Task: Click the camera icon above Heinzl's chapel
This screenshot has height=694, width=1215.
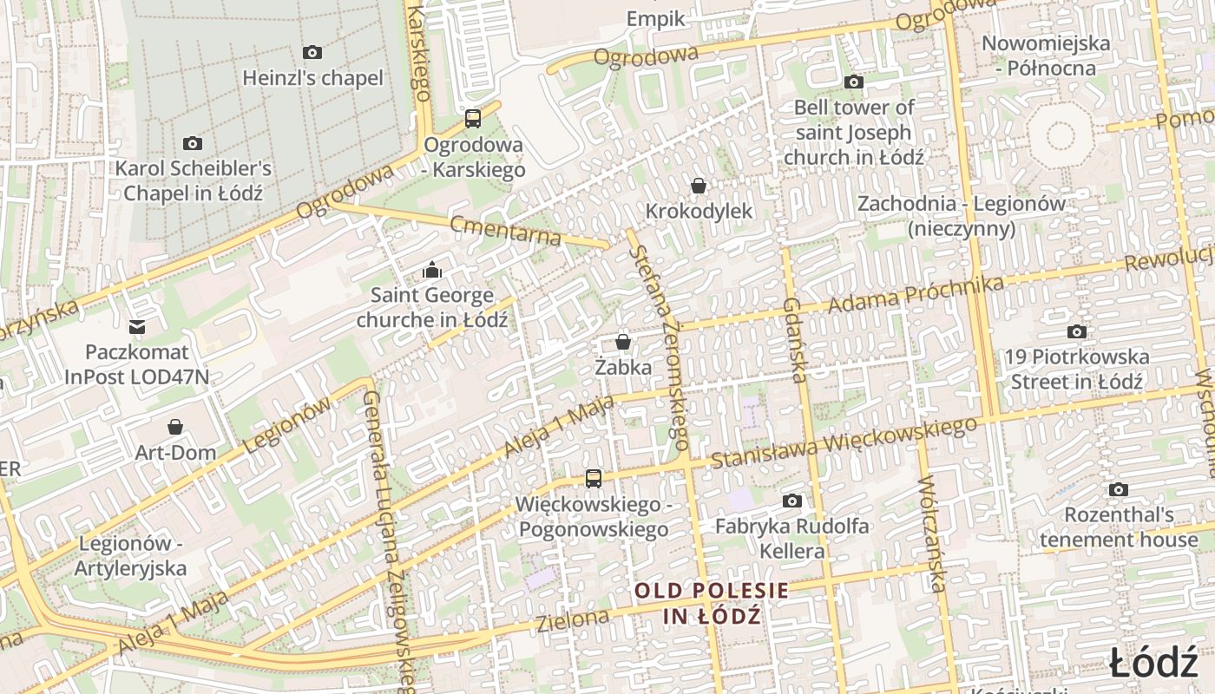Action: pyautogui.click(x=312, y=53)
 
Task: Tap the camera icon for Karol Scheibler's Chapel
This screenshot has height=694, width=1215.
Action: pyautogui.click(x=193, y=143)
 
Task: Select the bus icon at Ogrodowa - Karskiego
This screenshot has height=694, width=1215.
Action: pyautogui.click(x=473, y=119)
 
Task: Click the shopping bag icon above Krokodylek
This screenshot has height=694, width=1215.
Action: pyautogui.click(x=698, y=186)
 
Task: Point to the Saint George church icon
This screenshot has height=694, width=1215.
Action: pyautogui.click(x=431, y=271)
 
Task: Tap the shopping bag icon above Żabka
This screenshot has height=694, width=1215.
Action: pyautogui.click(x=622, y=342)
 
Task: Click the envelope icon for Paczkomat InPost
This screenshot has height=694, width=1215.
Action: pyautogui.click(x=136, y=327)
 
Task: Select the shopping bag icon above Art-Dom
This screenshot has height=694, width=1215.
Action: pyautogui.click(x=175, y=427)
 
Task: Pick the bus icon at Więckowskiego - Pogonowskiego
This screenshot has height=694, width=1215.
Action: pyautogui.click(x=593, y=478)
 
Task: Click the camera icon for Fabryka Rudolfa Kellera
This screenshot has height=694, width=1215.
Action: pyautogui.click(x=791, y=501)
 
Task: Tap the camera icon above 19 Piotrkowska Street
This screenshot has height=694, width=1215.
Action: pyautogui.click(x=1076, y=331)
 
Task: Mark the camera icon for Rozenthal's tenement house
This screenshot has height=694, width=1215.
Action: pyautogui.click(x=1118, y=489)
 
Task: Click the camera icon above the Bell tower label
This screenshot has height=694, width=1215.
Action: pyautogui.click(x=854, y=82)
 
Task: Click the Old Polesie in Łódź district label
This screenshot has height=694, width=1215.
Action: pyautogui.click(x=712, y=603)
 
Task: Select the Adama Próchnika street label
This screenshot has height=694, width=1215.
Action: pyautogui.click(x=916, y=295)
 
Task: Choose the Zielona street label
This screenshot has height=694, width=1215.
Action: pyautogui.click(x=573, y=620)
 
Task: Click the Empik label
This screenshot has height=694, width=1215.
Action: pyautogui.click(x=655, y=19)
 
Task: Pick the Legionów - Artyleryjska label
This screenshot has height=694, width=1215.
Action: pyautogui.click(x=131, y=556)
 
